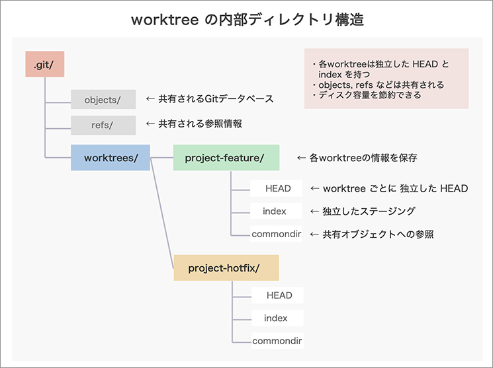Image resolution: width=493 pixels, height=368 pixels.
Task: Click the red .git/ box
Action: point(44,65)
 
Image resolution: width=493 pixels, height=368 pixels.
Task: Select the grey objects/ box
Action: point(103,100)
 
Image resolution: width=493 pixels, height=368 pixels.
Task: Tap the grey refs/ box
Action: point(103,124)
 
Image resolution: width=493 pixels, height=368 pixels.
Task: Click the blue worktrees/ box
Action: point(111,158)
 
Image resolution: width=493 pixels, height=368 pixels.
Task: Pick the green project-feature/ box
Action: point(226,158)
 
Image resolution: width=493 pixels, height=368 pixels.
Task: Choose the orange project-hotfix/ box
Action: point(226,268)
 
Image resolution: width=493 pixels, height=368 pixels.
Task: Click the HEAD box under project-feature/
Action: point(277,188)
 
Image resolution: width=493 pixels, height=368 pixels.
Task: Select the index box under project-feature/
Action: point(276,211)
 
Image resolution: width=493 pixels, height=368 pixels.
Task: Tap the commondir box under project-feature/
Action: point(277,234)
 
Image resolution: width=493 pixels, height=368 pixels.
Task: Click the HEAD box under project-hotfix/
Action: point(279,295)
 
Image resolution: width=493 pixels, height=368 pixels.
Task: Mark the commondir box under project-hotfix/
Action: point(277,341)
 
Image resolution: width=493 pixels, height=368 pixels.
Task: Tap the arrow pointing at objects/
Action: point(150,99)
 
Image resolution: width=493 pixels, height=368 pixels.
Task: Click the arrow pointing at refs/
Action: point(150,124)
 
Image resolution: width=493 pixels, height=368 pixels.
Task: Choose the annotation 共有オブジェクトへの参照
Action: point(378,234)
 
